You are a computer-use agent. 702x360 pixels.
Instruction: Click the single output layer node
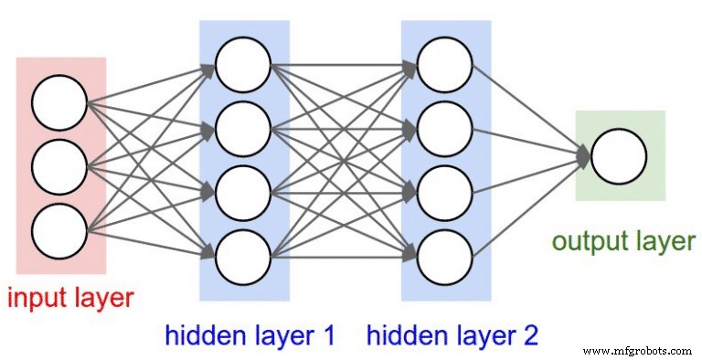pyautogui.click(x=618, y=155)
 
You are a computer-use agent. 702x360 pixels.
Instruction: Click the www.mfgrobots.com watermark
pyautogui.click(x=638, y=350)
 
